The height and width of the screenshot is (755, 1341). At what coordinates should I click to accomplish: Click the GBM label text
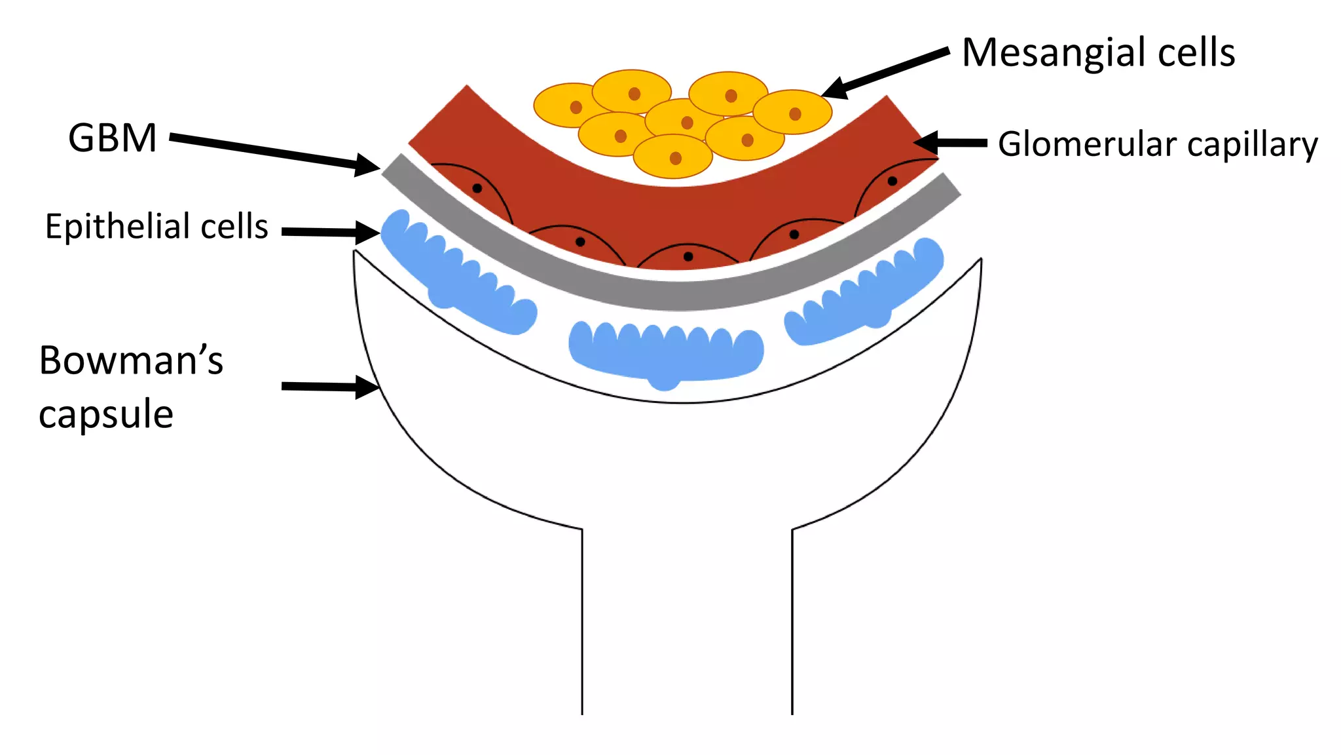click(x=113, y=138)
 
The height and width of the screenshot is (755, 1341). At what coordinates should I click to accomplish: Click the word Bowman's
click(x=131, y=360)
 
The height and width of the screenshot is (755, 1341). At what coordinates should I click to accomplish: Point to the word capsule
click(x=106, y=414)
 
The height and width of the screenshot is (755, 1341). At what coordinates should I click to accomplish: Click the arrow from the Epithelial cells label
click(x=327, y=232)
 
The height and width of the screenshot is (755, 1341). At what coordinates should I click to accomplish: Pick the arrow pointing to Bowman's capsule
click(x=327, y=387)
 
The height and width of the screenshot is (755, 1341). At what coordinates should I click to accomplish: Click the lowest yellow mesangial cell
click(x=672, y=156)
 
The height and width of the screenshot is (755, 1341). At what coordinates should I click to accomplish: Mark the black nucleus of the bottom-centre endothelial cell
click(x=688, y=256)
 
